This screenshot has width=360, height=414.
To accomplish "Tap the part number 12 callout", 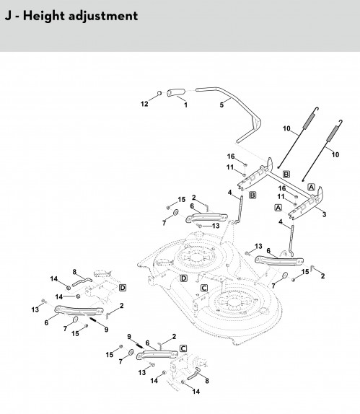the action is point(144,104).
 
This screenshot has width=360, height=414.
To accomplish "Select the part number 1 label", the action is point(185,105).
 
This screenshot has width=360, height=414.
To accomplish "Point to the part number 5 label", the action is point(221,105).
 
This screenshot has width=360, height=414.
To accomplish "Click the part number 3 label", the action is point(324,214).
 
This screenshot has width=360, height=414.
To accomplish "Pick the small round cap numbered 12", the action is point(159,93).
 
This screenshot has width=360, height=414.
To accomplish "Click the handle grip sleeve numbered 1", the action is point(175,92).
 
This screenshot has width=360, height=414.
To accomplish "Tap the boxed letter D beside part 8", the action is point(123,288).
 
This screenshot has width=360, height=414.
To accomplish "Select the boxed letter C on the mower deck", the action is point(204,288).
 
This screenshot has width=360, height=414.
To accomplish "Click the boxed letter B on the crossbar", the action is point(286,175).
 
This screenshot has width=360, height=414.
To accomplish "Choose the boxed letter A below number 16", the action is point(278,208).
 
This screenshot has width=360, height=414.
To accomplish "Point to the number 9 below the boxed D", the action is point(106,330).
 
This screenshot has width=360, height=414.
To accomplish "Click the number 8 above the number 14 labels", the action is point(74,272).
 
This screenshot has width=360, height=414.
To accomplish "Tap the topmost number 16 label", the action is point(231,157).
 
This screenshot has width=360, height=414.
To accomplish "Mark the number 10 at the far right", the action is point(335,155).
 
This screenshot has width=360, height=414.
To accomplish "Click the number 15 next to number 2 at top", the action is point(182,200).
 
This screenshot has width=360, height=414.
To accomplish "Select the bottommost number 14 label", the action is point(196,392).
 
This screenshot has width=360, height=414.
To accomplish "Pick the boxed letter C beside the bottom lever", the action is point(183,349).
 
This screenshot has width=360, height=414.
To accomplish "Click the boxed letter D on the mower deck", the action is point(183,278).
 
